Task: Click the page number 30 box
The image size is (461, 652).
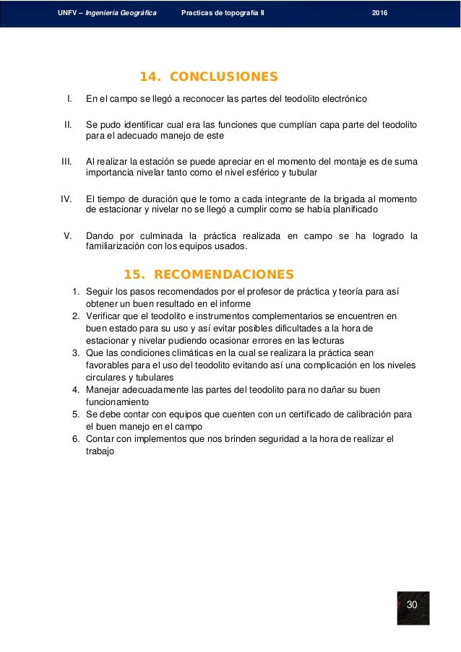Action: click(x=413, y=604)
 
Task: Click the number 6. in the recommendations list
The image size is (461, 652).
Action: click(x=75, y=439)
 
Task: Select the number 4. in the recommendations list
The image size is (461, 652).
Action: click(x=75, y=390)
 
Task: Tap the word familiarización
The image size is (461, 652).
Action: click(x=119, y=246)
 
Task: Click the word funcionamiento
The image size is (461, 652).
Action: click(x=117, y=402)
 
